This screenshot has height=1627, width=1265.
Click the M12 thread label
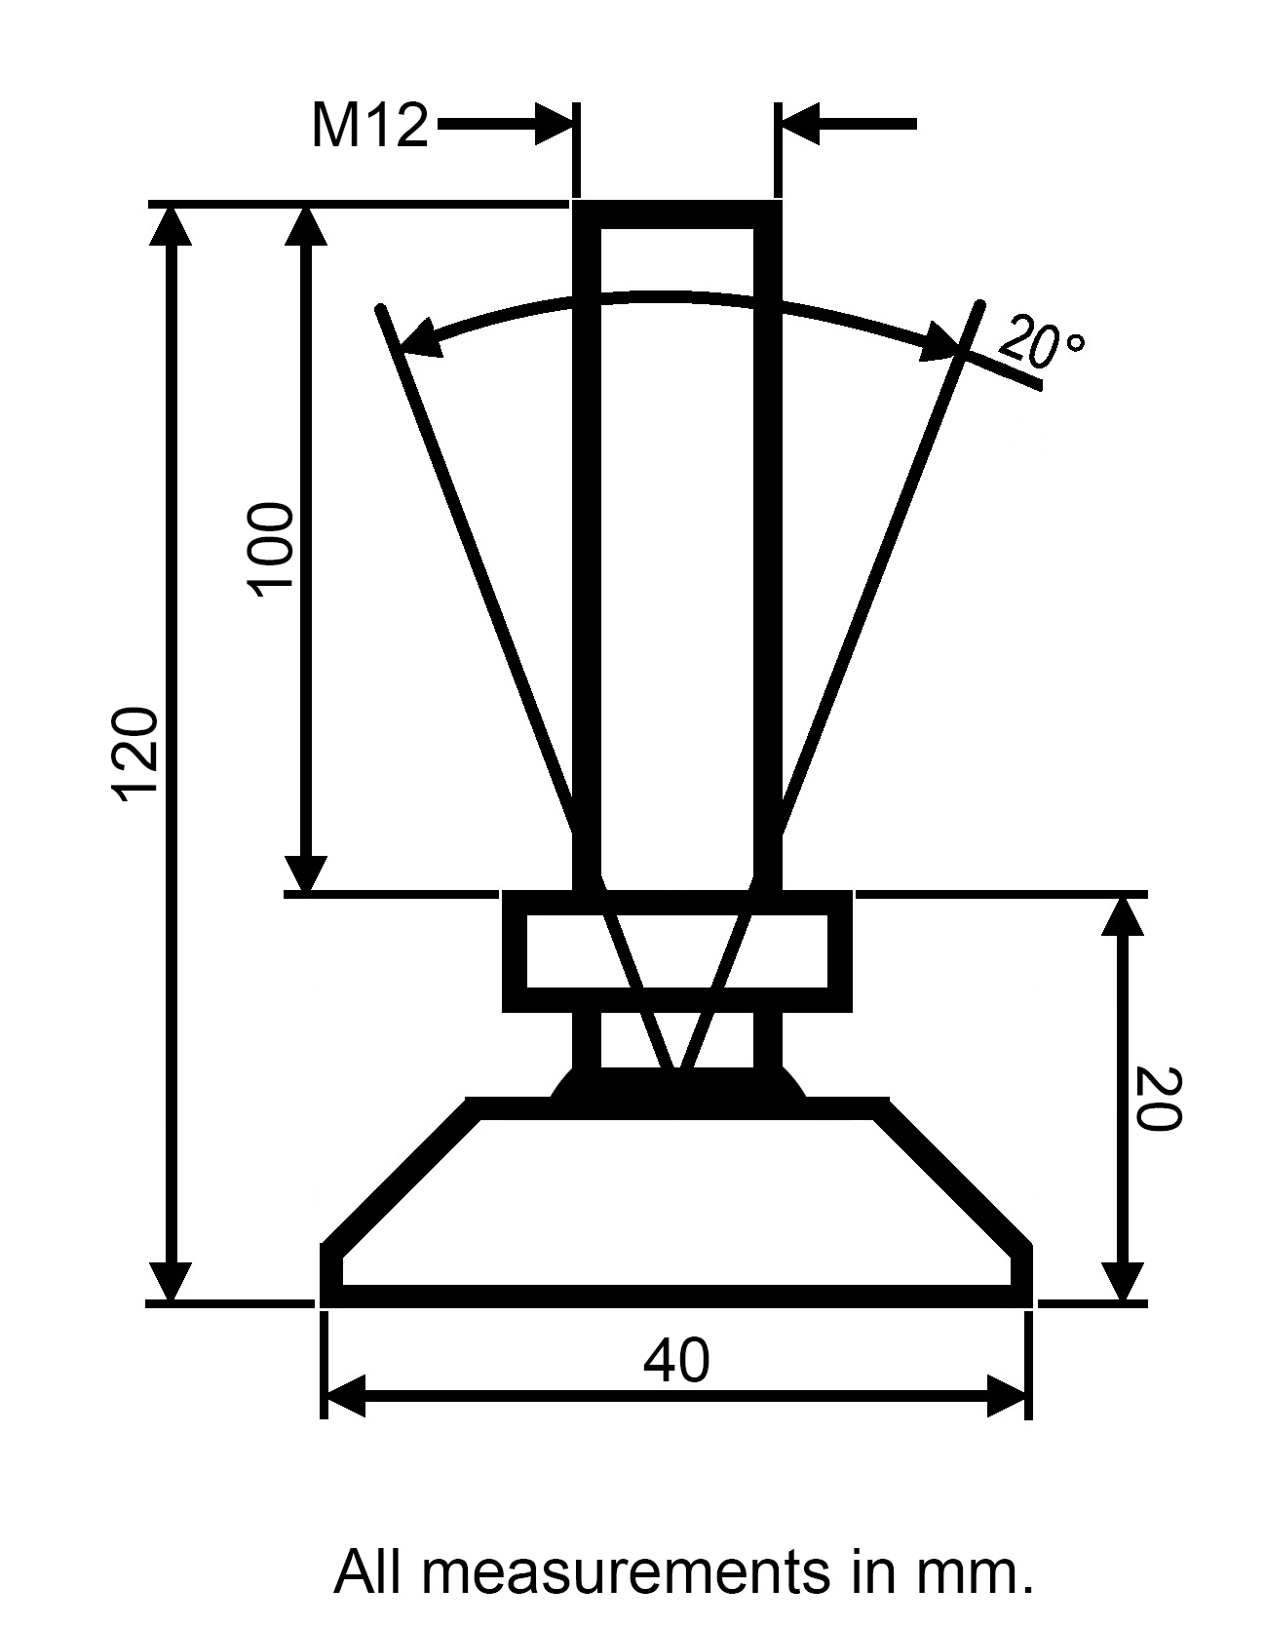[x=369, y=126]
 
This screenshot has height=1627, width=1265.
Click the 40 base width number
[x=676, y=1361]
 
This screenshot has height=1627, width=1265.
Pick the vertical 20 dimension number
[x=1159, y=1099]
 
